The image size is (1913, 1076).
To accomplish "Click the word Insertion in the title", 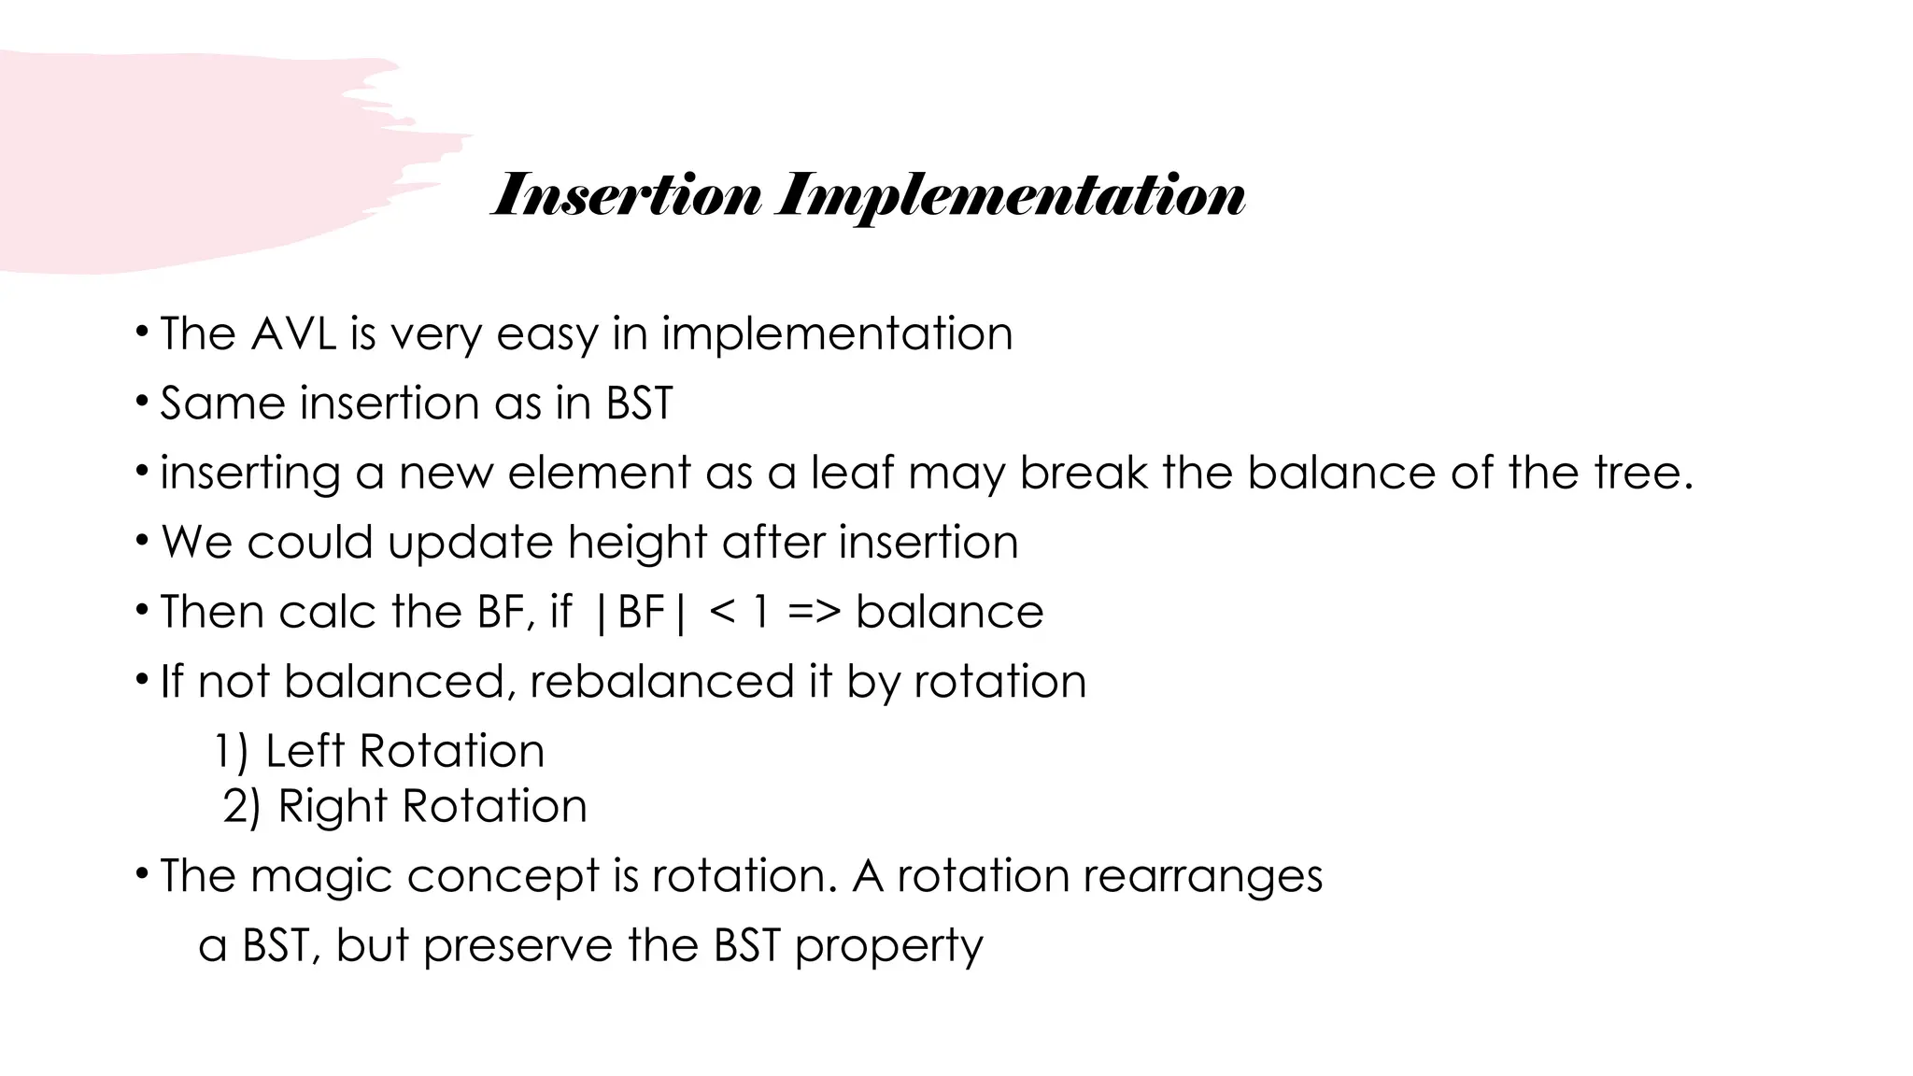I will click(626, 196).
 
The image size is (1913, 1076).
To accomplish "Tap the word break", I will click(1083, 473).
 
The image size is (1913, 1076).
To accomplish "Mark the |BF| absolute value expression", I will click(641, 613).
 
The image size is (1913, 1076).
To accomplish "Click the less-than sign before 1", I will click(722, 613).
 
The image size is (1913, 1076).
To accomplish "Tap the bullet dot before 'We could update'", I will click(141, 540).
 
